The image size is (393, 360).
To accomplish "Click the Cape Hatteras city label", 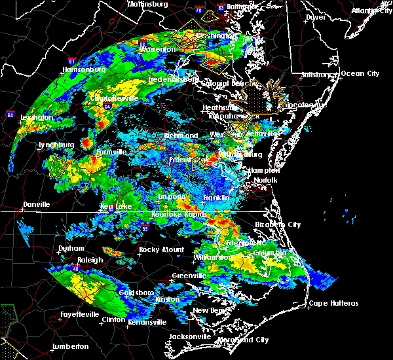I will coord(334,303).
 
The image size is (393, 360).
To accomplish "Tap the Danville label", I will coord(36,205).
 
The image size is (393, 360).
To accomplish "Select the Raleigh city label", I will coord(90,260).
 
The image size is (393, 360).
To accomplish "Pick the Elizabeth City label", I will coord(278,225).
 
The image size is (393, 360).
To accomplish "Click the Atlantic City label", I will coord(370,10).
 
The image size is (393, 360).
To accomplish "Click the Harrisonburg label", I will coord(83,69).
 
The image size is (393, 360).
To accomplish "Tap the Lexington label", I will coord(37,118).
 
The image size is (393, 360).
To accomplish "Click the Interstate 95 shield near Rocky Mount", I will coord(145,227).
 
